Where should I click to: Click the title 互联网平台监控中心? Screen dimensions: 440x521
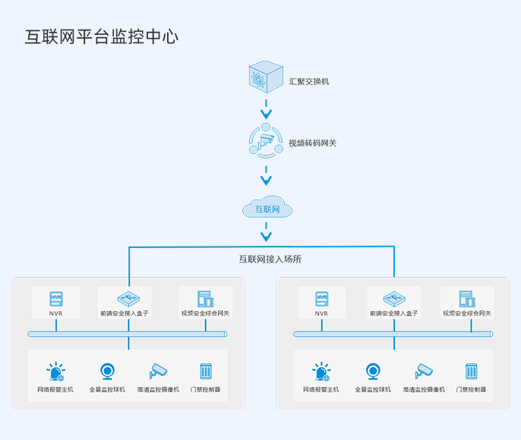pos(102,36)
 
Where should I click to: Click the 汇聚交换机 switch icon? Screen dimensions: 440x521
pos(266,78)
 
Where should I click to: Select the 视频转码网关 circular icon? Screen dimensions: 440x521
pos(266,140)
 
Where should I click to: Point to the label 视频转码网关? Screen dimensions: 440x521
pos(312,143)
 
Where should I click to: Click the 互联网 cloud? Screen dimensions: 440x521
pos(267,209)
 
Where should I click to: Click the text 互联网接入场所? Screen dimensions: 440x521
pos(270,259)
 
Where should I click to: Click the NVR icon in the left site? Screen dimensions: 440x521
pos(55,298)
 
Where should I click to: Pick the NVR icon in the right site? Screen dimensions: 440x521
pos(321,298)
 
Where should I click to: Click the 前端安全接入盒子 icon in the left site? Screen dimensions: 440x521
pos(125,298)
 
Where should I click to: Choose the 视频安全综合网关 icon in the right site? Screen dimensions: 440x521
pos(467,298)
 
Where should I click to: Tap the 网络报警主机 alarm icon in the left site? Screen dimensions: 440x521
pos(55,372)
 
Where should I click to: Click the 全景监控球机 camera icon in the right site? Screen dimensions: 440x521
pos(373,372)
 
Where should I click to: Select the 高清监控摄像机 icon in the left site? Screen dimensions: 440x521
pos(158,371)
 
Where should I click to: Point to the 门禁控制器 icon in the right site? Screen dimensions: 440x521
pos(472,372)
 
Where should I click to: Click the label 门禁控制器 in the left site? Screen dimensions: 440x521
pos(205,390)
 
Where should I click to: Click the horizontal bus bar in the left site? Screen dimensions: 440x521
pos(127,334)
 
